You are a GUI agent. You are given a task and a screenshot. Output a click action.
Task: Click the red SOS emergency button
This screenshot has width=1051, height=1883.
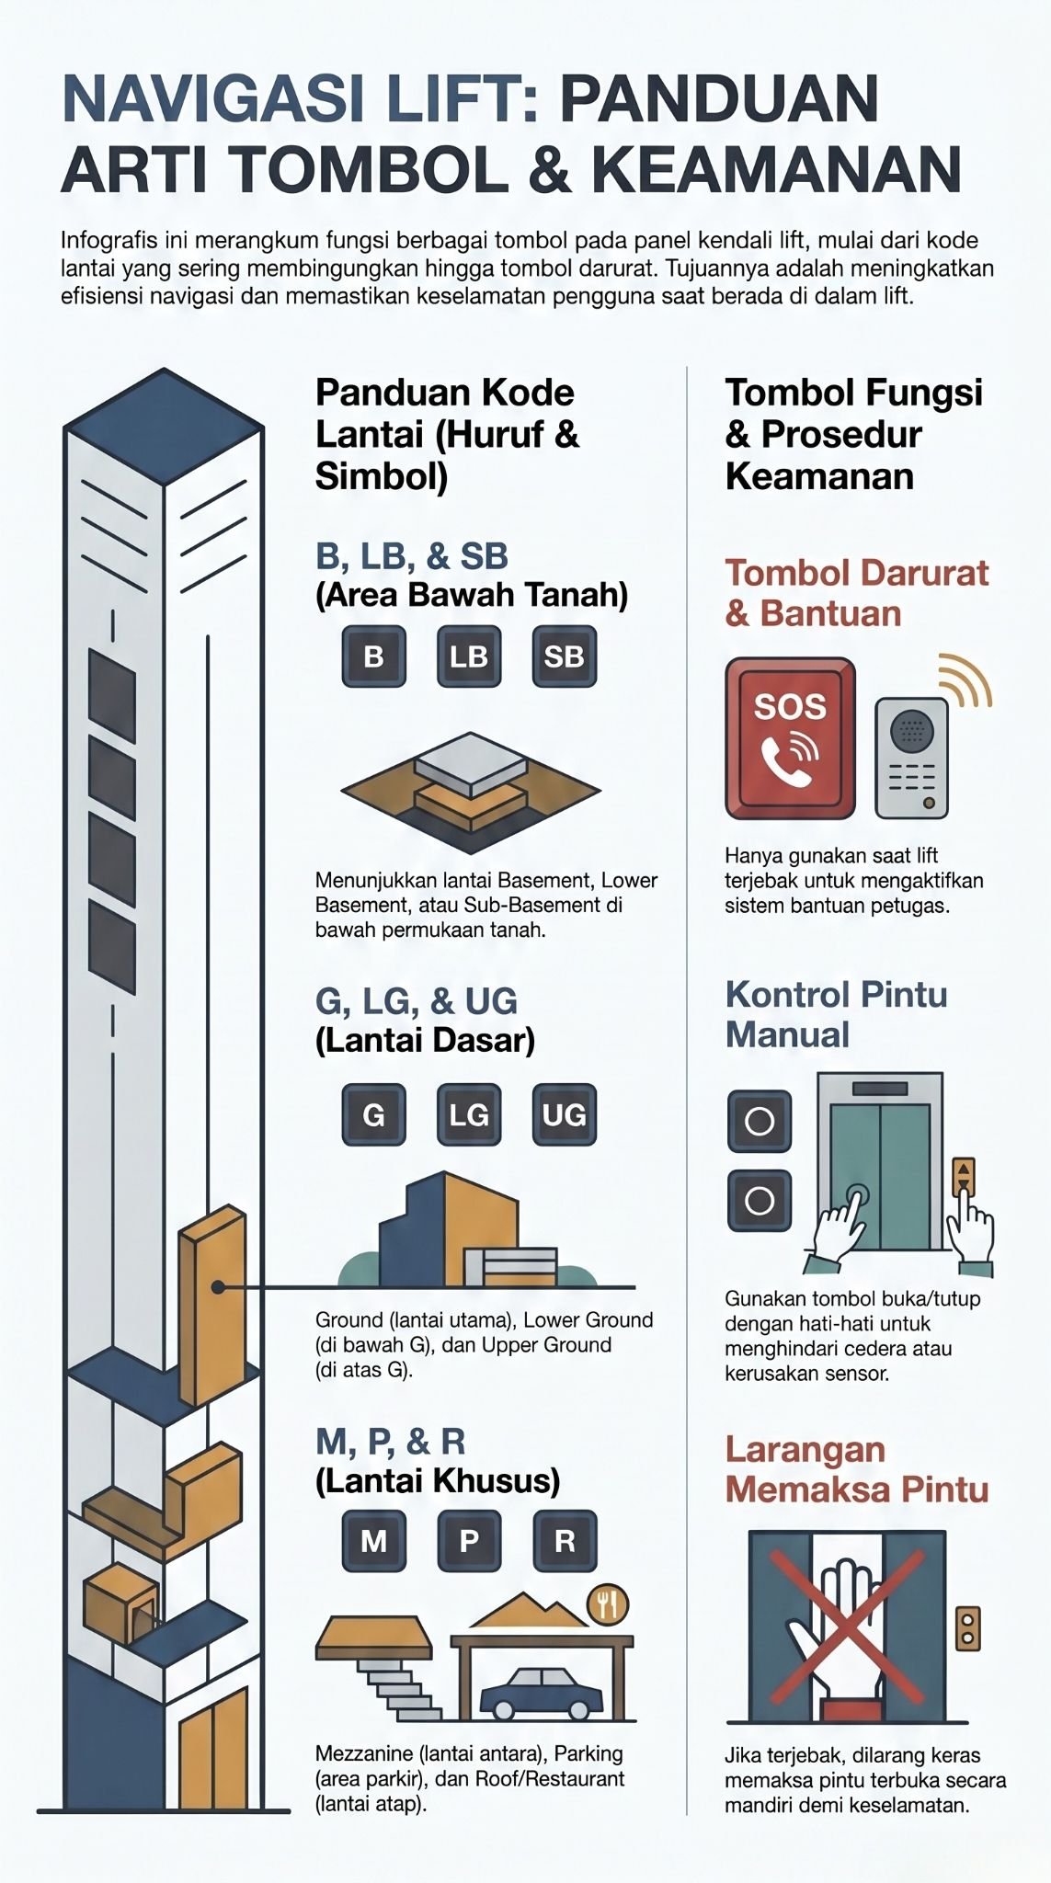point(790,738)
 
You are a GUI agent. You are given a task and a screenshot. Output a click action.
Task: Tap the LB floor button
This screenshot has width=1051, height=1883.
point(469,656)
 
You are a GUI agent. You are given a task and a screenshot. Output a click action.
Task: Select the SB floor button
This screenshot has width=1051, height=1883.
point(564,656)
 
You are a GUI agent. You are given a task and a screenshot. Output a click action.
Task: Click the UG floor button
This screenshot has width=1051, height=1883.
point(564,1114)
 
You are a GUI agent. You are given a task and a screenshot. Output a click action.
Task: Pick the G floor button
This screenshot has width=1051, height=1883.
point(373,1114)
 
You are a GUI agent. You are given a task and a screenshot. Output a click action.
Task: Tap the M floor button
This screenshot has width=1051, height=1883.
point(373,1540)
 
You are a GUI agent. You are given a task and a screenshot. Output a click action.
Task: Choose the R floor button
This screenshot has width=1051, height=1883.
point(564,1540)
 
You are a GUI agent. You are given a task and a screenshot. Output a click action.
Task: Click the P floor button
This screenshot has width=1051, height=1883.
point(469,1540)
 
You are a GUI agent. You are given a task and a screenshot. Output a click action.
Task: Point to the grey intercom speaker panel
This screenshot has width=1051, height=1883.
point(910,759)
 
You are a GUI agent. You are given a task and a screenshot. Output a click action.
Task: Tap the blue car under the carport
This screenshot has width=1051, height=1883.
point(538,1692)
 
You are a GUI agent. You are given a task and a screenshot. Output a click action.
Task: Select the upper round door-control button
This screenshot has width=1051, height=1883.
point(760,1121)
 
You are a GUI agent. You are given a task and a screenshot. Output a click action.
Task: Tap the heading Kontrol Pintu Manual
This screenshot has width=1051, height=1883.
point(835,1014)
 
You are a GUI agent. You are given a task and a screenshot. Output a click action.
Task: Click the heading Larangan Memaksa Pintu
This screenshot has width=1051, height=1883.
point(855,1469)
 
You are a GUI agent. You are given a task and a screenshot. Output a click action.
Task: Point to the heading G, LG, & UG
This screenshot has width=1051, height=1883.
point(417,1001)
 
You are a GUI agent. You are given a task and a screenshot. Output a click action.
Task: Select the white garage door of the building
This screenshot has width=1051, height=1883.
point(520,1543)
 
